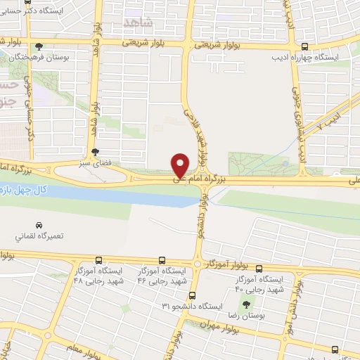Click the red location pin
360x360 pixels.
pos(181,165)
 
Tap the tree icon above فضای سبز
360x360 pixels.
pos(96,151)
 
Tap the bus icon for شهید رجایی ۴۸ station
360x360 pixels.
pos(98,259)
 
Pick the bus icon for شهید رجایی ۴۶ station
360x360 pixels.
pos(162,259)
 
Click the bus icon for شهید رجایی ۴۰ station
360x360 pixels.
pos(259,269)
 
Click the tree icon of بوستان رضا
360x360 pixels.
pos(246,304)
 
